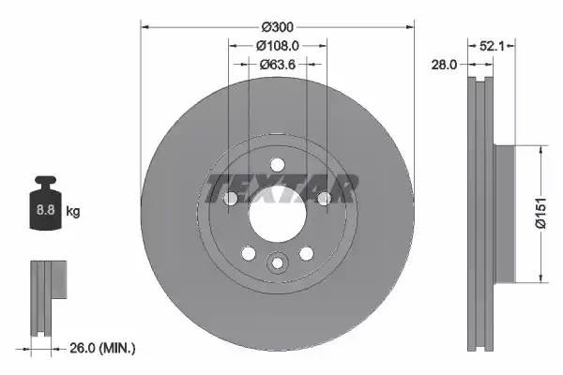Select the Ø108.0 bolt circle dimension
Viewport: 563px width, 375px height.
277,45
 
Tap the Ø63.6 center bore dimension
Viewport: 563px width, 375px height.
277,64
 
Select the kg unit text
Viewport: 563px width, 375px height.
73,212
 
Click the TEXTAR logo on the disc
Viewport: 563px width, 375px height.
280,188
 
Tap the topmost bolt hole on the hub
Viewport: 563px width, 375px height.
277,165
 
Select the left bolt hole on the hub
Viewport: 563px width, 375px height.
230,199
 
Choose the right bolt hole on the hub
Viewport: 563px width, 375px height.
324,199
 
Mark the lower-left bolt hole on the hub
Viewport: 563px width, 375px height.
248,254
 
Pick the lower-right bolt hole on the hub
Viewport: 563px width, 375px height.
306,254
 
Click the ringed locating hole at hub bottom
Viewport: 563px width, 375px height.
277,264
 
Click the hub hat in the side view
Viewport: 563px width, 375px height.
503,213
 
